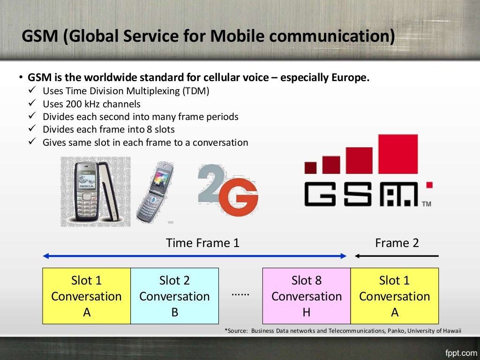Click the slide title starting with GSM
click(x=208, y=37)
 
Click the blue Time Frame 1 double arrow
click(x=194, y=256)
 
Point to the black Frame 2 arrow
click(x=397, y=256)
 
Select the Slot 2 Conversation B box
click(x=174, y=296)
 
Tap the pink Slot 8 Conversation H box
click(x=306, y=296)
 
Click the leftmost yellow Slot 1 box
click(x=86, y=296)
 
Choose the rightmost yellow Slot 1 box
click(x=394, y=296)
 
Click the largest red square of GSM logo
click(x=397, y=154)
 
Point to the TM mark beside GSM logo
click(x=426, y=204)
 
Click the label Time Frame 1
click(x=202, y=243)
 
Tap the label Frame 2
click(x=397, y=243)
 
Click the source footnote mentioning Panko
click(x=343, y=331)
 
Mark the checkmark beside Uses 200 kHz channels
click(x=32, y=104)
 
